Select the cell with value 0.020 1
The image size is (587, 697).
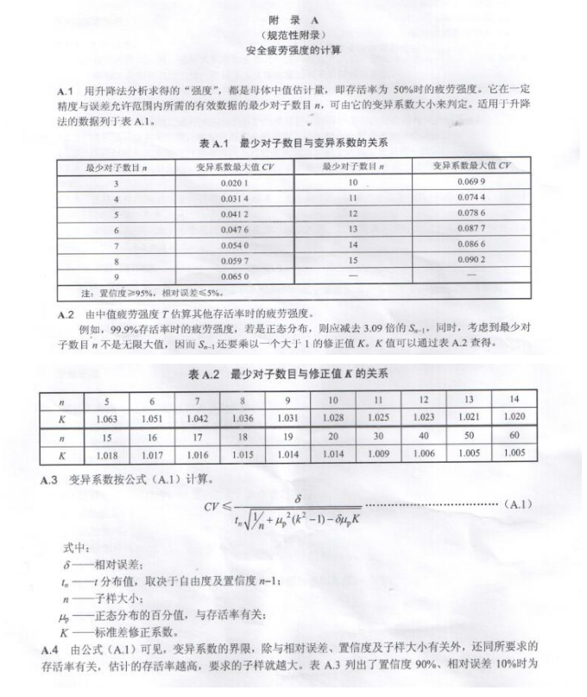pos(234,184)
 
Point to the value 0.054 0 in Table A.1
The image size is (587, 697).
pos(234,244)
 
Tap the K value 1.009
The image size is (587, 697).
pos(378,452)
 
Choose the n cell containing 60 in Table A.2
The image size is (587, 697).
pos(514,435)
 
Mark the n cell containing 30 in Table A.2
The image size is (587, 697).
pos(378,435)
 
